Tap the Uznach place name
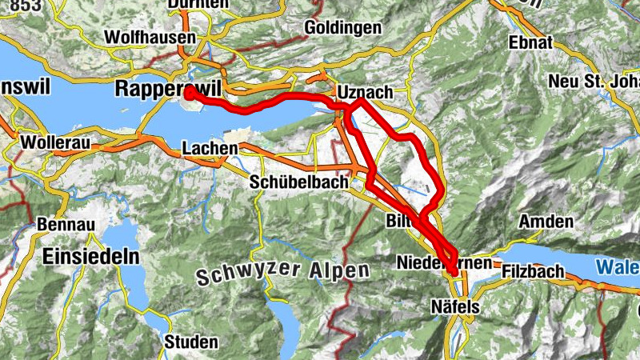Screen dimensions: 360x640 [x=366, y=91]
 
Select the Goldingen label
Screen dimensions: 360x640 [x=343, y=28]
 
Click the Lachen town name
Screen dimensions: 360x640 [x=210, y=149]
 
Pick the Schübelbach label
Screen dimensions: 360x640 [x=299, y=182]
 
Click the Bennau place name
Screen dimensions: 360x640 [x=59, y=225]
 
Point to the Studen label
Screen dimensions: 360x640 [x=191, y=342]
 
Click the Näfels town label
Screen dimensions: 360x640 [x=454, y=306]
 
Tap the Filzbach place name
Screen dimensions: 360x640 [x=528, y=271]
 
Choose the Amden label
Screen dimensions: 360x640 [x=546, y=222]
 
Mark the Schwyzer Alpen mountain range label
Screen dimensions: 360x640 [x=282, y=274]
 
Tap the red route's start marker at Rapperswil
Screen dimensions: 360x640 [x=190, y=94]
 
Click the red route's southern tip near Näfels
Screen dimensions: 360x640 [x=454, y=272]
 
